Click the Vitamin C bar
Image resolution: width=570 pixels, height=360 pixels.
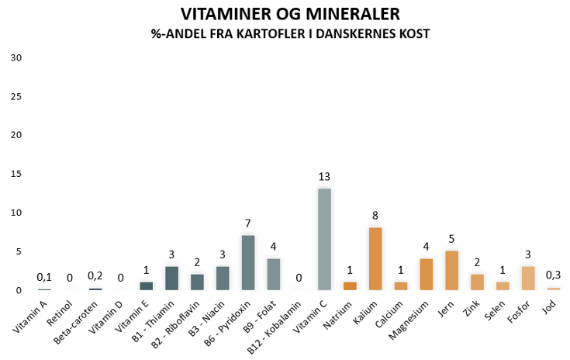tap(325, 239)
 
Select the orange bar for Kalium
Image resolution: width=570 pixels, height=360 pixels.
tap(375, 258)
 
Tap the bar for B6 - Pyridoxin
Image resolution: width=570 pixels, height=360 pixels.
tap(248, 262)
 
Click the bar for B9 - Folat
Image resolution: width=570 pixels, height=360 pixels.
tap(274, 274)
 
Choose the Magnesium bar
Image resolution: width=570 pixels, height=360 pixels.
tap(426, 274)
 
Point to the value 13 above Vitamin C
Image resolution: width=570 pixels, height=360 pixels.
tap(325, 177)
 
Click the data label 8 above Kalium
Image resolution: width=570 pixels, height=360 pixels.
tap(375, 216)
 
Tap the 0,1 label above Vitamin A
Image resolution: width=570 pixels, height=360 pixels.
tap(45, 277)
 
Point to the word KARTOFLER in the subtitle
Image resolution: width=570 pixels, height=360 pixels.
tap(249, 34)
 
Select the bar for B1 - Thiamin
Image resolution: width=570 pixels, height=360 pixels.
tap(172, 278)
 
